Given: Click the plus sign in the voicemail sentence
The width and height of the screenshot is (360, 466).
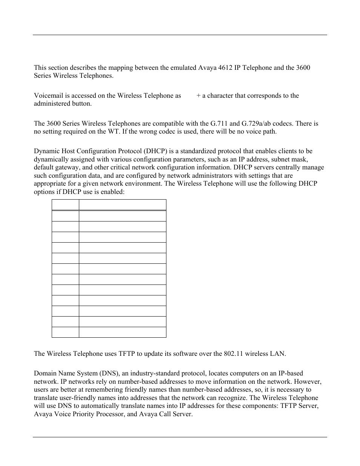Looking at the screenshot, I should click(198, 95).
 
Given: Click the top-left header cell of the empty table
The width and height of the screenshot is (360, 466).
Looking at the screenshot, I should click(65, 205).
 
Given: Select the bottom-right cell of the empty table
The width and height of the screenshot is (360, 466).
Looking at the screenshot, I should click(122, 332).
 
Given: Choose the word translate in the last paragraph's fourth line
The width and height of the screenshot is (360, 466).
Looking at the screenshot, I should click(47, 398).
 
